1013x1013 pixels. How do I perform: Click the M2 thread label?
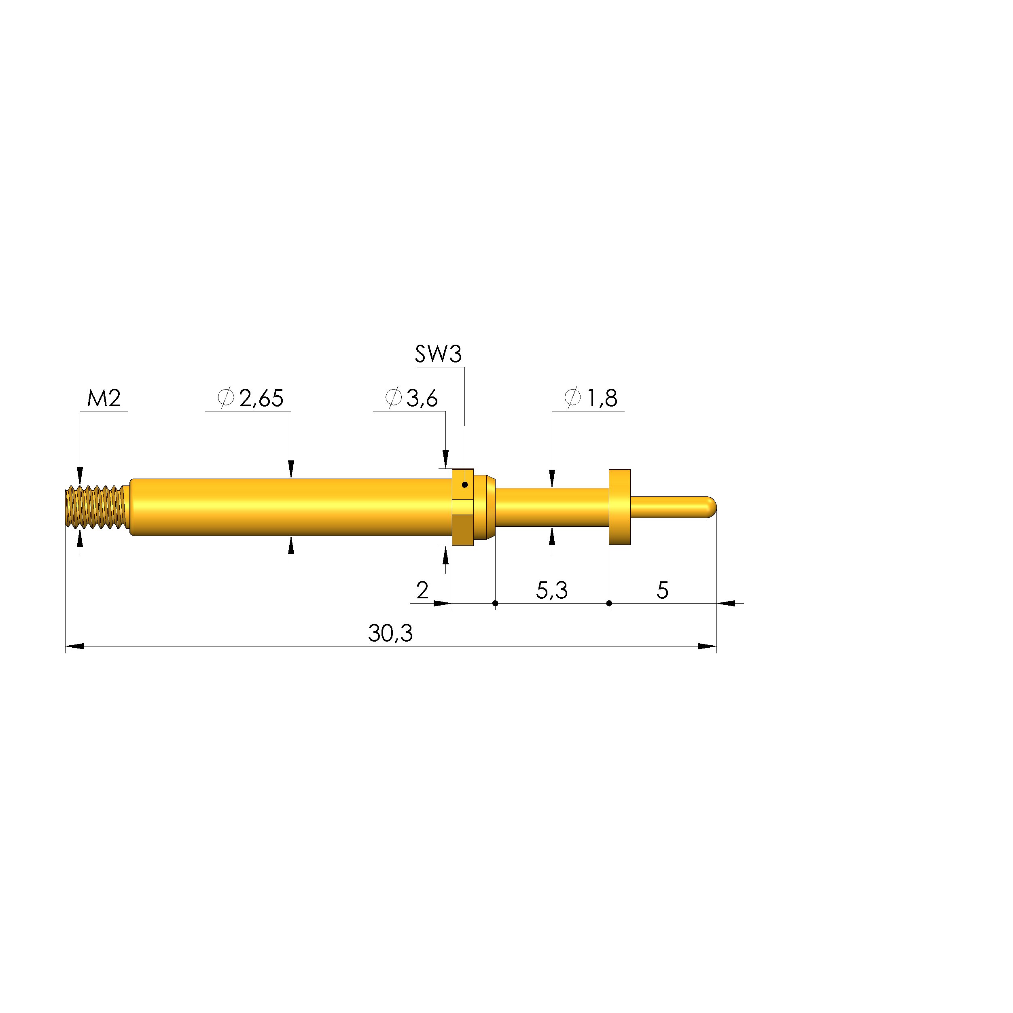[x=104, y=398]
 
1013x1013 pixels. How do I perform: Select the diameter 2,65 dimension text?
[x=251, y=398]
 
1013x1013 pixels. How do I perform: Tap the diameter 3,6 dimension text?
[x=411, y=398]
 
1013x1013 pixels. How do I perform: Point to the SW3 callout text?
[x=439, y=354]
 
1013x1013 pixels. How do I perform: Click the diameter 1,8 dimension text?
[x=591, y=398]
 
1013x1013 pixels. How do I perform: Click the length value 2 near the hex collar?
[x=423, y=590]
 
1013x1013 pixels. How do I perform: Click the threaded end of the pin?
[x=97, y=507]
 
